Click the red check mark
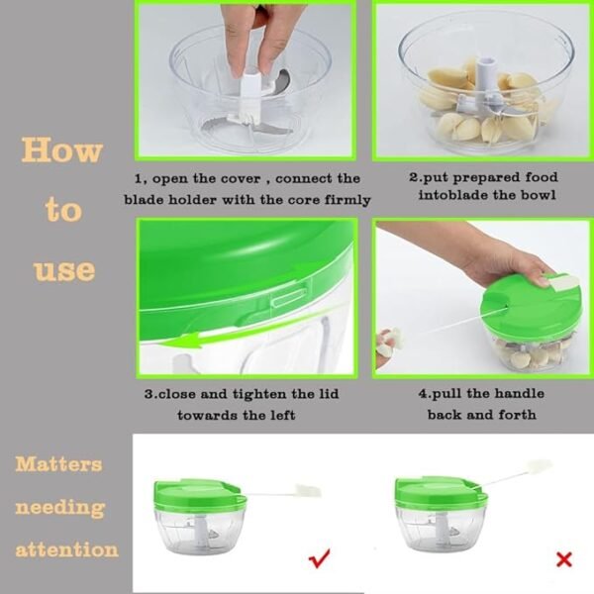(320, 559)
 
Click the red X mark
(563, 559)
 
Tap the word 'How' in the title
(61, 150)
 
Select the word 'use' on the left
(64, 269)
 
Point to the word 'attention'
(66, 549)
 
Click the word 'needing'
(59, 507)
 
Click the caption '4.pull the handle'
(481, 393)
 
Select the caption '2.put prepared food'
(483, 178)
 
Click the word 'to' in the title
(62, 210)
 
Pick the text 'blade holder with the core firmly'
(247, 200)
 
